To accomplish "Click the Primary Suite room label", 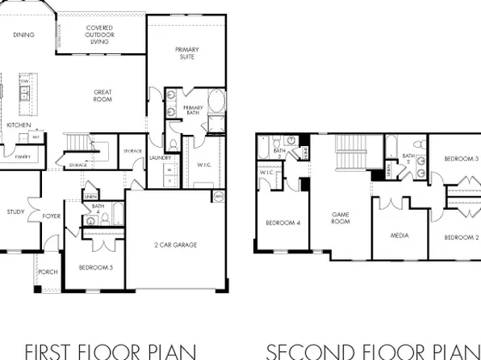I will click(x=187, y=54).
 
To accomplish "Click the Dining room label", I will click(x=24, y=35).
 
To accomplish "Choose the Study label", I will click(x=15, y=212).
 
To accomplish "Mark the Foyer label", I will click(x=52, y=216).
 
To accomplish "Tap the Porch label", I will click(x=48, y=272).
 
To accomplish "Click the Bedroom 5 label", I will click(x=94, y=266).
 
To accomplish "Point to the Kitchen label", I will click(x=19, y=126).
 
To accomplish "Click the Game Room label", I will click(x=341, y=218).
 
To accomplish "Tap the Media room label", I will click(x=399, y=236).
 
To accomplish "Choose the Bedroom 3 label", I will click(x=462, y=159).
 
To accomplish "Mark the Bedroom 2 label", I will click(x=462, y=237).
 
